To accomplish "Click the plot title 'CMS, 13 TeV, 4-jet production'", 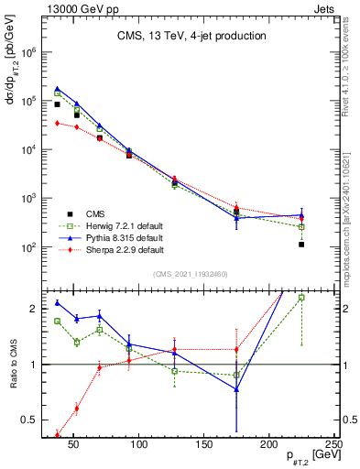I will pyautogui.click(x=191, y=36).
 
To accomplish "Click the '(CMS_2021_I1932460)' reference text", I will pyautogui.click(x=191, y=274).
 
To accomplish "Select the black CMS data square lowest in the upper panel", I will pyautogui.click(x=301, y=245).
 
